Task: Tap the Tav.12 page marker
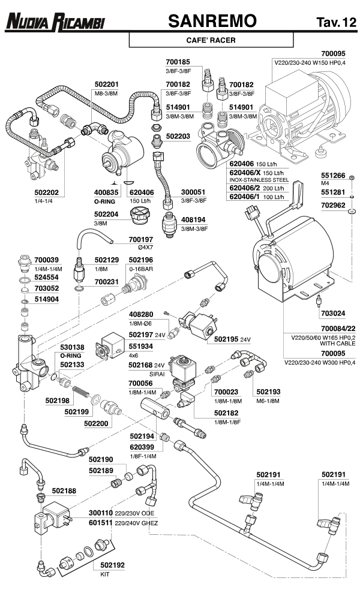[x=336, y=23]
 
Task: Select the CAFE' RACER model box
[x=211, y=41]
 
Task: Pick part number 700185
[x=178, y=61]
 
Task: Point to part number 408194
[x=194, y=220]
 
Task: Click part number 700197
[x=142, y=239]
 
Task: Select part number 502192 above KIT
[x=112, y=564]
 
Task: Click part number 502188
[x=64, y=490]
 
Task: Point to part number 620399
[x=142, y=447]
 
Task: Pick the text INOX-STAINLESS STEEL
[x=256, y=179]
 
